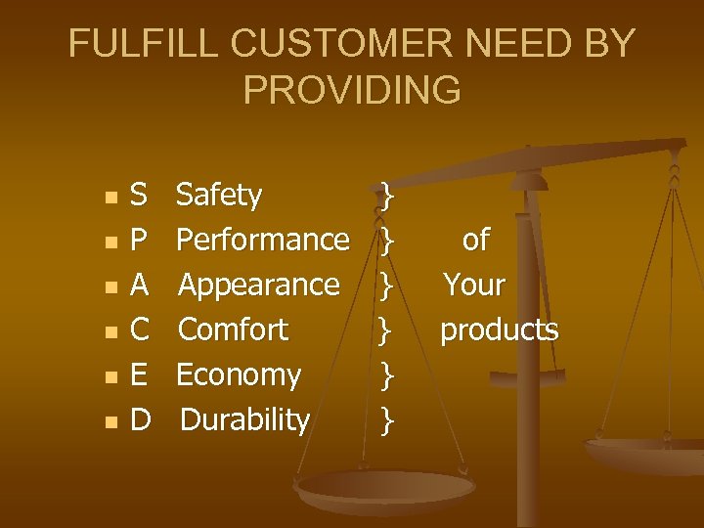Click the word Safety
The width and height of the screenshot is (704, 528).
[x=219, y=196]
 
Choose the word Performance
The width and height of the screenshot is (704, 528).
[x=264, y=240]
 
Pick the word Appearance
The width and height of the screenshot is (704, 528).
[x=259, y=285]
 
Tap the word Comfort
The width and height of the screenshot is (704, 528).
[x=233, y=330]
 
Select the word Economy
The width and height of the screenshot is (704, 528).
[x=239, y=374]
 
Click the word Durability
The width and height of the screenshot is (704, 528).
[x=245, y=419]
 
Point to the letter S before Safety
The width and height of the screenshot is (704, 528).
[x=139, y=196]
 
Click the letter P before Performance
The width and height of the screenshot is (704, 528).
[x=139, y=240]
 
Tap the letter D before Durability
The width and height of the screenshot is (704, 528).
[x=140, y=419]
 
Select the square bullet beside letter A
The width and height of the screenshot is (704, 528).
[x=110, y=287]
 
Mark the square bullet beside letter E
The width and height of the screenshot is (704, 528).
[x=110, y=377]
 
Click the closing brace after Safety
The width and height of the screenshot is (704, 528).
[x=388, y=196]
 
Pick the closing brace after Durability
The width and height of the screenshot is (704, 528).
[x=388, y=420]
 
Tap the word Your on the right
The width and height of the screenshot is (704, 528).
[x=474, y=285]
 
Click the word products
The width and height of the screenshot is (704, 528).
[x=499, y=330]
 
